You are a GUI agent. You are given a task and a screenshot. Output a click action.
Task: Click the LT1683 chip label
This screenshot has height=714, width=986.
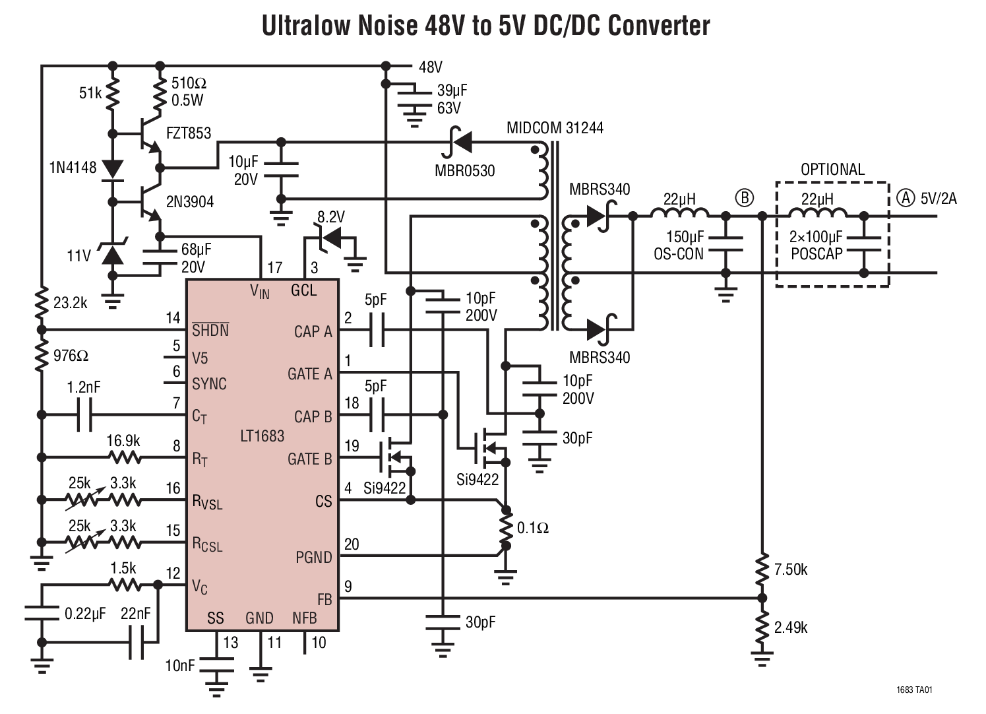click(262, 436)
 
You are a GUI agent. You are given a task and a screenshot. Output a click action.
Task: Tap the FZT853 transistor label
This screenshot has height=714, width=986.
click(189, 133)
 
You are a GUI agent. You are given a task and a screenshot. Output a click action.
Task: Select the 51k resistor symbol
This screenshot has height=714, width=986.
click(112, 94)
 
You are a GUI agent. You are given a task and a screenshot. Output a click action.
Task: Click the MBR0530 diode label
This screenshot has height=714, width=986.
click(464, 171)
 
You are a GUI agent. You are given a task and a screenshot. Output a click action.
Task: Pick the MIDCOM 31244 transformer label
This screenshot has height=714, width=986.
click(554, 128)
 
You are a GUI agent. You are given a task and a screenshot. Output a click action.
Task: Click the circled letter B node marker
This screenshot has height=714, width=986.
click(744, 197)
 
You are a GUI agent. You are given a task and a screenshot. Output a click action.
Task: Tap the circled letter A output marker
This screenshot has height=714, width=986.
click(906, 197)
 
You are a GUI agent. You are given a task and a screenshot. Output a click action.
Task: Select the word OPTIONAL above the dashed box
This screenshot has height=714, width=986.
click(832, 170)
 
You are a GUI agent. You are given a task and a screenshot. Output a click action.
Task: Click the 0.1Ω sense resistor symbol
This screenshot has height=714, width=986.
click(506, 528)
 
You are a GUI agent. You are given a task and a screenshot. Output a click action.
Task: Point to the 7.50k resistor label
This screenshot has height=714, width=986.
click(790, 569)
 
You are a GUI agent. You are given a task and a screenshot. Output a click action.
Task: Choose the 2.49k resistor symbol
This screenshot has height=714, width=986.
click(762, 628)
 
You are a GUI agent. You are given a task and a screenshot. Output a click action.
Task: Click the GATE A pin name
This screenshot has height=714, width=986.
click(309, 374)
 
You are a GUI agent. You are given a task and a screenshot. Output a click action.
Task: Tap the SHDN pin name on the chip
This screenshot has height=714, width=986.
click(210, 330)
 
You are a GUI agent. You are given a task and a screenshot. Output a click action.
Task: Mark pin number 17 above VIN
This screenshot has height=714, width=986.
click(274, 267)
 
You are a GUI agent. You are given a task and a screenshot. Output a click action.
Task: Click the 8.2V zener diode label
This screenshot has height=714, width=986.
click(330, 217)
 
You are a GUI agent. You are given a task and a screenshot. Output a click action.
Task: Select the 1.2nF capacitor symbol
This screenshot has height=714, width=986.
click(84, 415)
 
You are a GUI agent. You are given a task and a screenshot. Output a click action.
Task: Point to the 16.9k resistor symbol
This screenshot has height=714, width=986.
click(124, 457)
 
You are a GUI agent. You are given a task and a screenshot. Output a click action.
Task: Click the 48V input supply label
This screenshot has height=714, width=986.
click(430, 67)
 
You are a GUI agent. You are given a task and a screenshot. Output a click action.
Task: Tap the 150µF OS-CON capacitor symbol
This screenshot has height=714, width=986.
click(725, 244)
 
